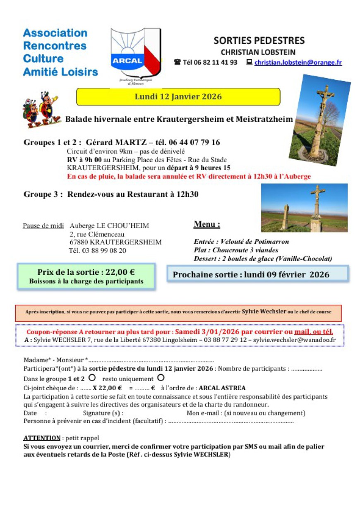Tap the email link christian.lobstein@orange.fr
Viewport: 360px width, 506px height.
coord(298,62)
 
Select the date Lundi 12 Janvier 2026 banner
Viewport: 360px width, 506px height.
coord(178,97)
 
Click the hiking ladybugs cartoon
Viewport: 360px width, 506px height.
coord(40,110)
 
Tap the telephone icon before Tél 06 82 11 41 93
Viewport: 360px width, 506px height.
coord(177,62)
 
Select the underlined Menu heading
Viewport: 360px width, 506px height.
coord(206,225)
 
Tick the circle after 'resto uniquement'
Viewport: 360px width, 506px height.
coord(161,378)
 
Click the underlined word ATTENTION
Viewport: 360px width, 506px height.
coord(42,438)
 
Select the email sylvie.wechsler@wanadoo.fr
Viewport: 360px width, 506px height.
coord(294,340)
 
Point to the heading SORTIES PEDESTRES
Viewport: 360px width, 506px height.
coord(259,41)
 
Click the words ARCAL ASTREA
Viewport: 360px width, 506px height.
coord(222,388)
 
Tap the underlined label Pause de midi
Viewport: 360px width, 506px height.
coord(43,226)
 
